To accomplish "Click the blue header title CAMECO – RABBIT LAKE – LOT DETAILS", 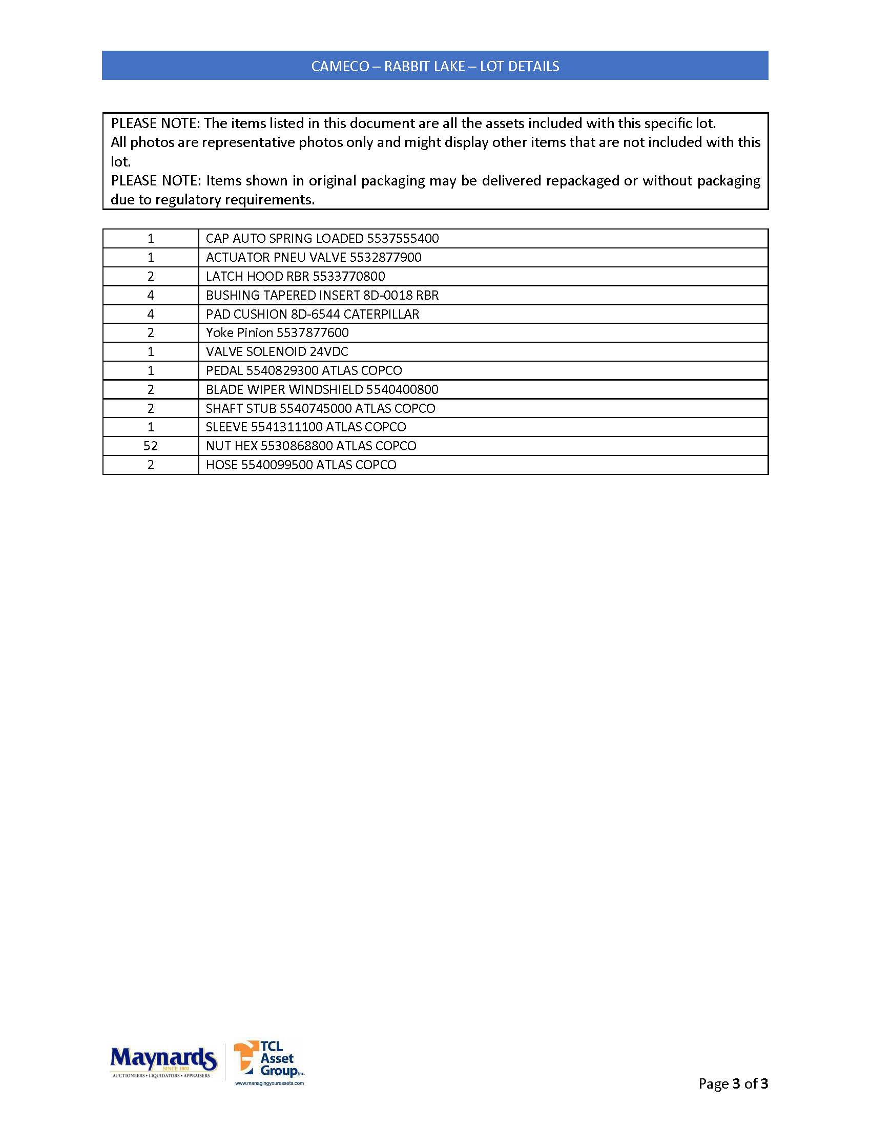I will click(435, 66).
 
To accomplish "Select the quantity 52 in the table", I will click(150, 446).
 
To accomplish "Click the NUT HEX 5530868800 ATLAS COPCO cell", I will click(310, 446).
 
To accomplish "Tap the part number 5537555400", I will click(403, 238).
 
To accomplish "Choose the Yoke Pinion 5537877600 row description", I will click(277, 333).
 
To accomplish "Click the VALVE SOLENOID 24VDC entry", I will click(277, 352).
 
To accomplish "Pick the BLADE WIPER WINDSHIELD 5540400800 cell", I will click(322, 390).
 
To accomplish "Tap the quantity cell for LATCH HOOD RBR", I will click(150, 277).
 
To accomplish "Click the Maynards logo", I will click(163, 1061).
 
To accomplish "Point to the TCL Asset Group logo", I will click(268, 1058).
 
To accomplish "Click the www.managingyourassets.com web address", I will click(269, 1083).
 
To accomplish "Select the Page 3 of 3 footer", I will click(733, 1083).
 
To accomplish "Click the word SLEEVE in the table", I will click(226, 427).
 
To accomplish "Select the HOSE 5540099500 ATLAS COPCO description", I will click(301, 465).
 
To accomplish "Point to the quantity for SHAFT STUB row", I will click(150, 409).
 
